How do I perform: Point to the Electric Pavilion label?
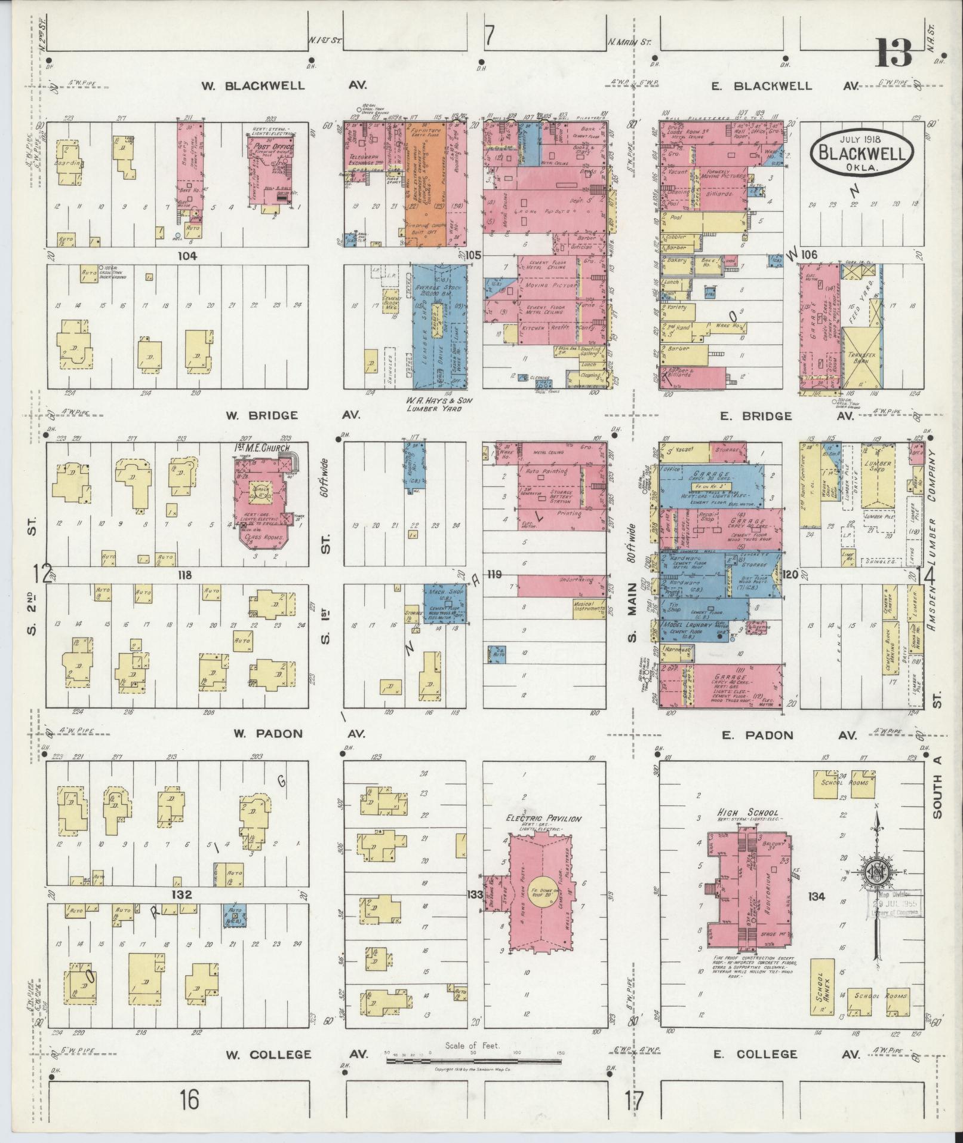pos(543,819)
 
